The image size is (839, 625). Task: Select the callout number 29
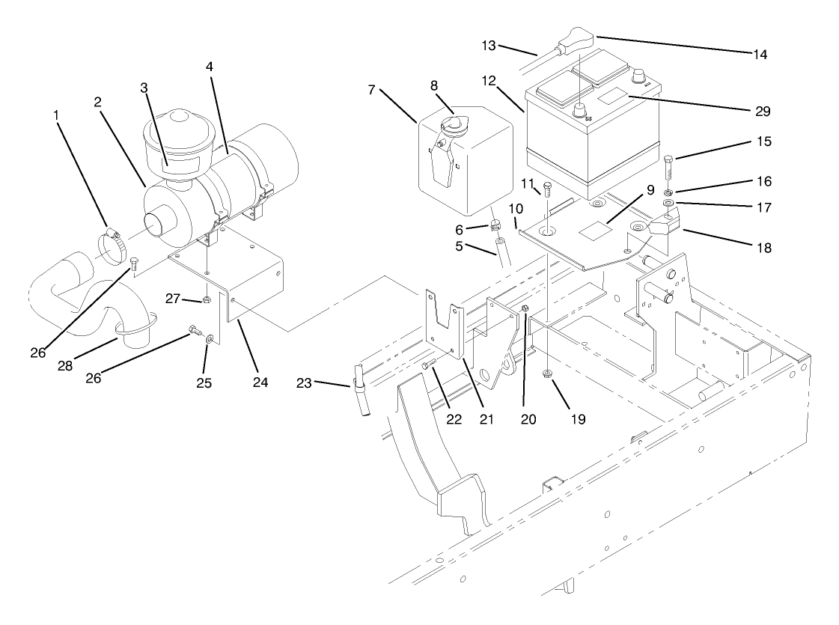[x=763, y=111]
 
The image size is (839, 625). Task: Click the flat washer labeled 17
[x=668, y=204]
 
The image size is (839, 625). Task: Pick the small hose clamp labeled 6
[x=495, y=225]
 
